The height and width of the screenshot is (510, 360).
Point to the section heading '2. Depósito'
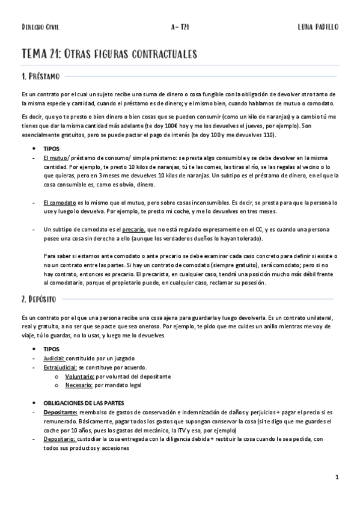coord(38,298)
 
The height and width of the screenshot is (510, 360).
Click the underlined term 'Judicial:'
coord(55,358)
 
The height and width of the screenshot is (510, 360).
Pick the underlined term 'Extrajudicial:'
coord(60,367)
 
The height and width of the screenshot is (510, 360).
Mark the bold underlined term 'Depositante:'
coord(60,413)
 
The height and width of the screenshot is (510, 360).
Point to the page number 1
coord(337,478)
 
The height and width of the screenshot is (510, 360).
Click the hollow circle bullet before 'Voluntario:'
coord(56,376)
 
